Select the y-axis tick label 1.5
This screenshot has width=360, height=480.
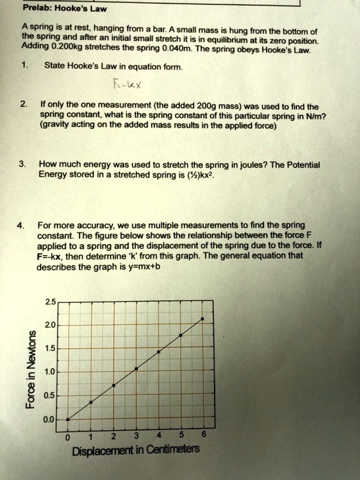tap(49, 349)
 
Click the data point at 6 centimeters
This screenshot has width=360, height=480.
tap(202, 319)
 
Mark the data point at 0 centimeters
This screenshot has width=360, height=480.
tap(68, 418)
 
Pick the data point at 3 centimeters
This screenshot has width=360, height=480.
tap(136, 368)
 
